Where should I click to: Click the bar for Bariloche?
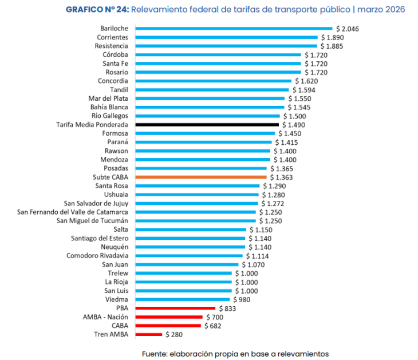234,28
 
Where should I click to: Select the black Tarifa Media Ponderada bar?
207,125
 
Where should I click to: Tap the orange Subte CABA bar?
201,177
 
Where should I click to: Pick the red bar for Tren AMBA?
148,334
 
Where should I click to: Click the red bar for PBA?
175,308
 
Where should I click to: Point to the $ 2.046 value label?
348,29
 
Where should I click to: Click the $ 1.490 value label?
294,125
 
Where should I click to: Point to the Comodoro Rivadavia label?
97,256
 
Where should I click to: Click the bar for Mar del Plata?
210,98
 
